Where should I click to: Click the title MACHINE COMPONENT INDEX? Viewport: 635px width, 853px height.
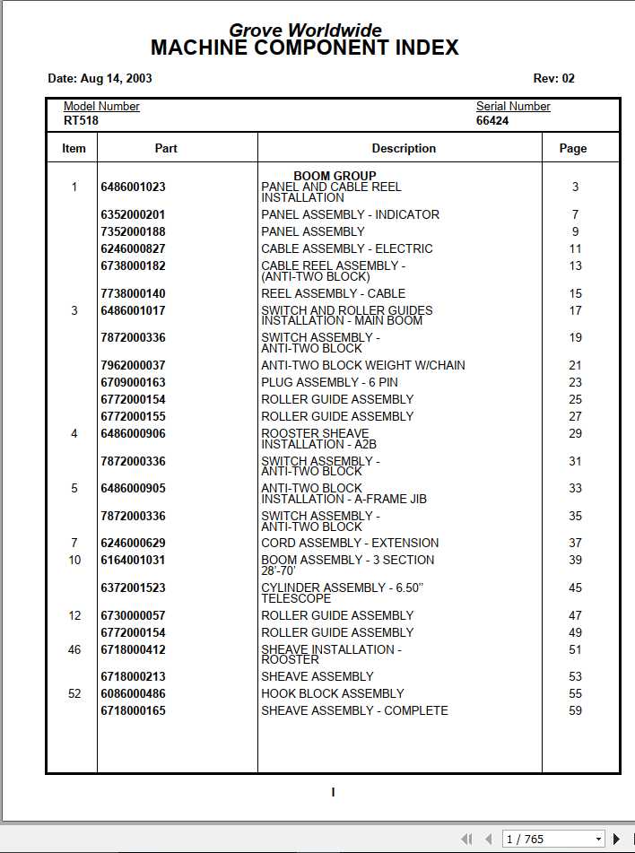(305, 48)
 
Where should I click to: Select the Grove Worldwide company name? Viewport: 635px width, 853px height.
(305, 30)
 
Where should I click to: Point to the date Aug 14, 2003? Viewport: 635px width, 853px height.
(100, 78)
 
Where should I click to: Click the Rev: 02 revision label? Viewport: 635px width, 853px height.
(553, 78)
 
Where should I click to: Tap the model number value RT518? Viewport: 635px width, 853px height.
(81, 120)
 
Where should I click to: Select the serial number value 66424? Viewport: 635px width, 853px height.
(492, 120)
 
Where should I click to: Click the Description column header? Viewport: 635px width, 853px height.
(404, 148)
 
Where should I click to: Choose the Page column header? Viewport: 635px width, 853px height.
(573, 148)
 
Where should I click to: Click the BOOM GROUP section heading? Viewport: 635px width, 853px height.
(335, 176)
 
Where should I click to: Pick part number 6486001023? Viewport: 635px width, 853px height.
(133, 187)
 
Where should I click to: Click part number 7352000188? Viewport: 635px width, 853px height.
(133, 231)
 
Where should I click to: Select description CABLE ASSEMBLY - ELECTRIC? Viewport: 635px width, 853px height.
(346, 248)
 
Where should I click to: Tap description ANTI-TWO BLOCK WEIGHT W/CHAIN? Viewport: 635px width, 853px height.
(362, 365)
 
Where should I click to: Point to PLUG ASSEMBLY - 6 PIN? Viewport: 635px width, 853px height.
(329, 382)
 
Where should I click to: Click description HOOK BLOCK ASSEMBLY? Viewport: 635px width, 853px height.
(332, 693)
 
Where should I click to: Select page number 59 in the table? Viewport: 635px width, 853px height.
(575, 710)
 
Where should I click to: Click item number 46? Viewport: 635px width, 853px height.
(74, 649)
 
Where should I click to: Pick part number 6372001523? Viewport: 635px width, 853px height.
(133, 588)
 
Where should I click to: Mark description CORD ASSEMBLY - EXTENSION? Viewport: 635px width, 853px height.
(350, 543)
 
